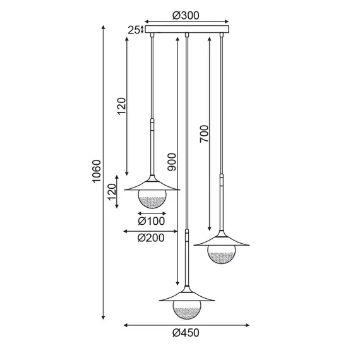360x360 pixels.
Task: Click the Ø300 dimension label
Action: point(186,16)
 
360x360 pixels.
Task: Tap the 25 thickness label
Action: point(134,30)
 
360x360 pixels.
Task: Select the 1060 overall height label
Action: point(97,171)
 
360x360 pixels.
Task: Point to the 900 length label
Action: point(172,162)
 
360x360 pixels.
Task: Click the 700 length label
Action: point(204,134)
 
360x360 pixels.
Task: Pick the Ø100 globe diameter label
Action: point(152,221)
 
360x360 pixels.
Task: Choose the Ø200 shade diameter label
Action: point(151,238)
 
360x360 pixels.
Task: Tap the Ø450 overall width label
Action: point(186,333)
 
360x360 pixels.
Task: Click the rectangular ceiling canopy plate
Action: point(187,29)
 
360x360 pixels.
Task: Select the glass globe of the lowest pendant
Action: point(187,309)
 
